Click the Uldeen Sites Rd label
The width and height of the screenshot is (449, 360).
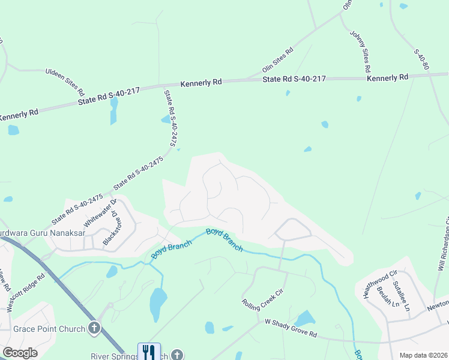point(65,82)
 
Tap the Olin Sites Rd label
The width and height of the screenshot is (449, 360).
point(277,60)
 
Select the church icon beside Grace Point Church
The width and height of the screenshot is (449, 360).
point(94,328)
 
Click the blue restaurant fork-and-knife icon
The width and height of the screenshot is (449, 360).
point(149,352)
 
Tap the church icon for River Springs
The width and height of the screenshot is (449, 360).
point(176,355)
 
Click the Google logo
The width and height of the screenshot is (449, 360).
point(20,353)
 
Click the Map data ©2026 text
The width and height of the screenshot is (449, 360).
point(423,355)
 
